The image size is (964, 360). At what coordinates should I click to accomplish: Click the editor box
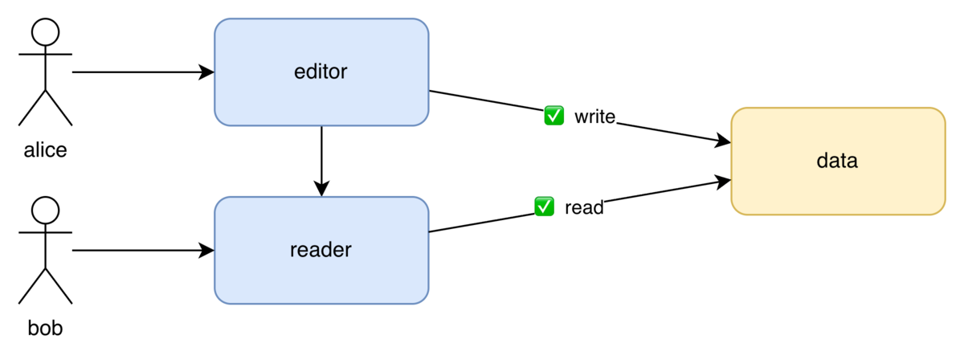click(x=321, y=72)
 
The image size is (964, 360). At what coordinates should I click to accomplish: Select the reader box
click(x=321, y=250)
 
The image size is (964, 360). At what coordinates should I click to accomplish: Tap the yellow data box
click(x=838, y=161)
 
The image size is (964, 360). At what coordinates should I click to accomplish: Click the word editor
click(x=321, y=72)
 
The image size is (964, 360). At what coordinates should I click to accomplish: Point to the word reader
click(x=321, y=250)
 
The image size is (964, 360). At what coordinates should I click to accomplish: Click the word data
click(x=837, y=161)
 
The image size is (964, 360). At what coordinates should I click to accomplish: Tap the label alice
click(x=45, y=149)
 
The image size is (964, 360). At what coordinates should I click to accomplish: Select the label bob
click(x=45, y=328)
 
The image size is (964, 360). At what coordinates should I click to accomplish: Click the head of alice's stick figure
click(x=45, y=32)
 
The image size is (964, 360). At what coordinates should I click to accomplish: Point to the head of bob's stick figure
click(x=45, y=211)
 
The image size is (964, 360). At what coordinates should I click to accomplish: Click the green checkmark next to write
click(x=553, y=116)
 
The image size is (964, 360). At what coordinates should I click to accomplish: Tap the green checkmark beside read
click(x=544, y=207)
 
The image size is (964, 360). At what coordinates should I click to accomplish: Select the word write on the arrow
click(x=594, y=117)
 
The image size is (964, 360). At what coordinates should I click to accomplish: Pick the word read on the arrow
click(x=584, y=208)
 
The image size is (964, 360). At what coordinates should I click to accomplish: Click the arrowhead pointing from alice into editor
click(x=206, y=72)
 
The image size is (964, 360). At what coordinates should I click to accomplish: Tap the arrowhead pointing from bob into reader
click(x=206, y=250)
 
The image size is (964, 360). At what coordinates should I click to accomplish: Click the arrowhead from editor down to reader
click(x=321, y=189)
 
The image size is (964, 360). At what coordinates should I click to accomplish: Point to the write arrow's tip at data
click(x=730, y=142)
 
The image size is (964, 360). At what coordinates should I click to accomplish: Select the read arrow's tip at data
click(x=730, y=180)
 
